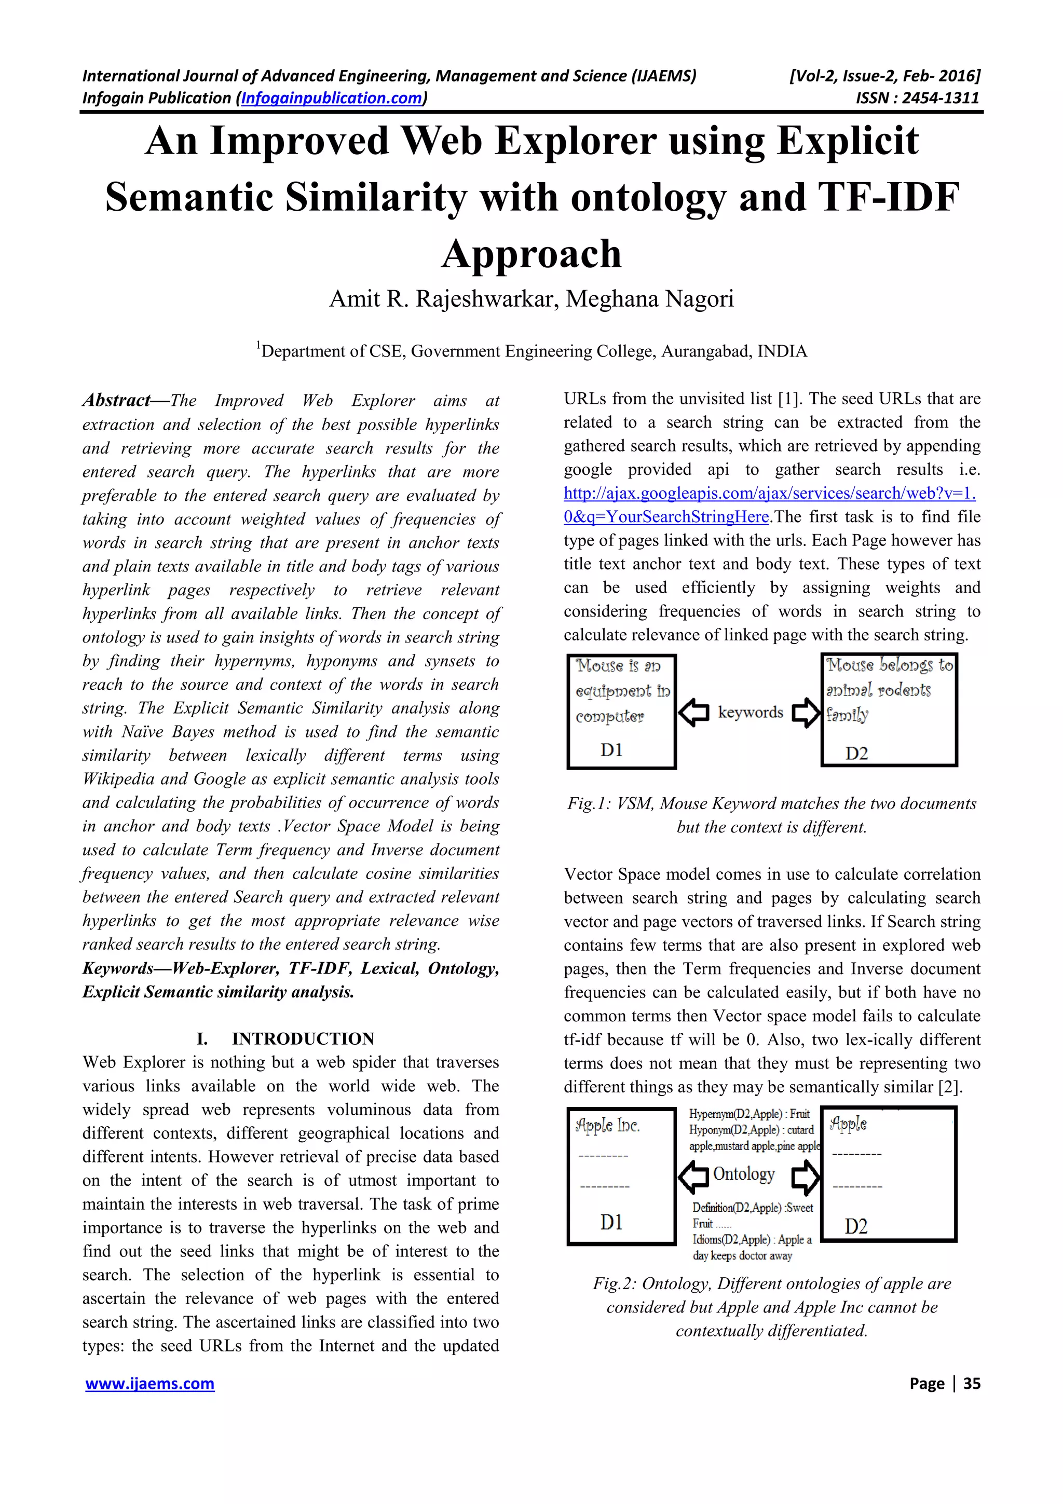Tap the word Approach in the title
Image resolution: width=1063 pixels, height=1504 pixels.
(x=531, y=254)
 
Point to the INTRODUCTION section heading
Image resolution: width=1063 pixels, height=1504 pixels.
(x=303, y=1038)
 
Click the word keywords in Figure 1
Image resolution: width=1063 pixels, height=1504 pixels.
(x=750, y=712)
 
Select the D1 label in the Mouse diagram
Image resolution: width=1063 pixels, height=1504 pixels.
(x=611, y=749)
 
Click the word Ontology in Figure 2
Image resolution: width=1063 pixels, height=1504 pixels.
(x=743, y=1174)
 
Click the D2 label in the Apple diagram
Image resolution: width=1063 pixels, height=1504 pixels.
(x=856, y=1226)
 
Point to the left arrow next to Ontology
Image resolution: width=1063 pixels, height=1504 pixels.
(x=693, y=1177)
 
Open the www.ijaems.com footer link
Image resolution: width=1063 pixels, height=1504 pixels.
(x=150, y=1384)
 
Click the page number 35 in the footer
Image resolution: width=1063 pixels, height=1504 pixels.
(x=972, y=1384)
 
